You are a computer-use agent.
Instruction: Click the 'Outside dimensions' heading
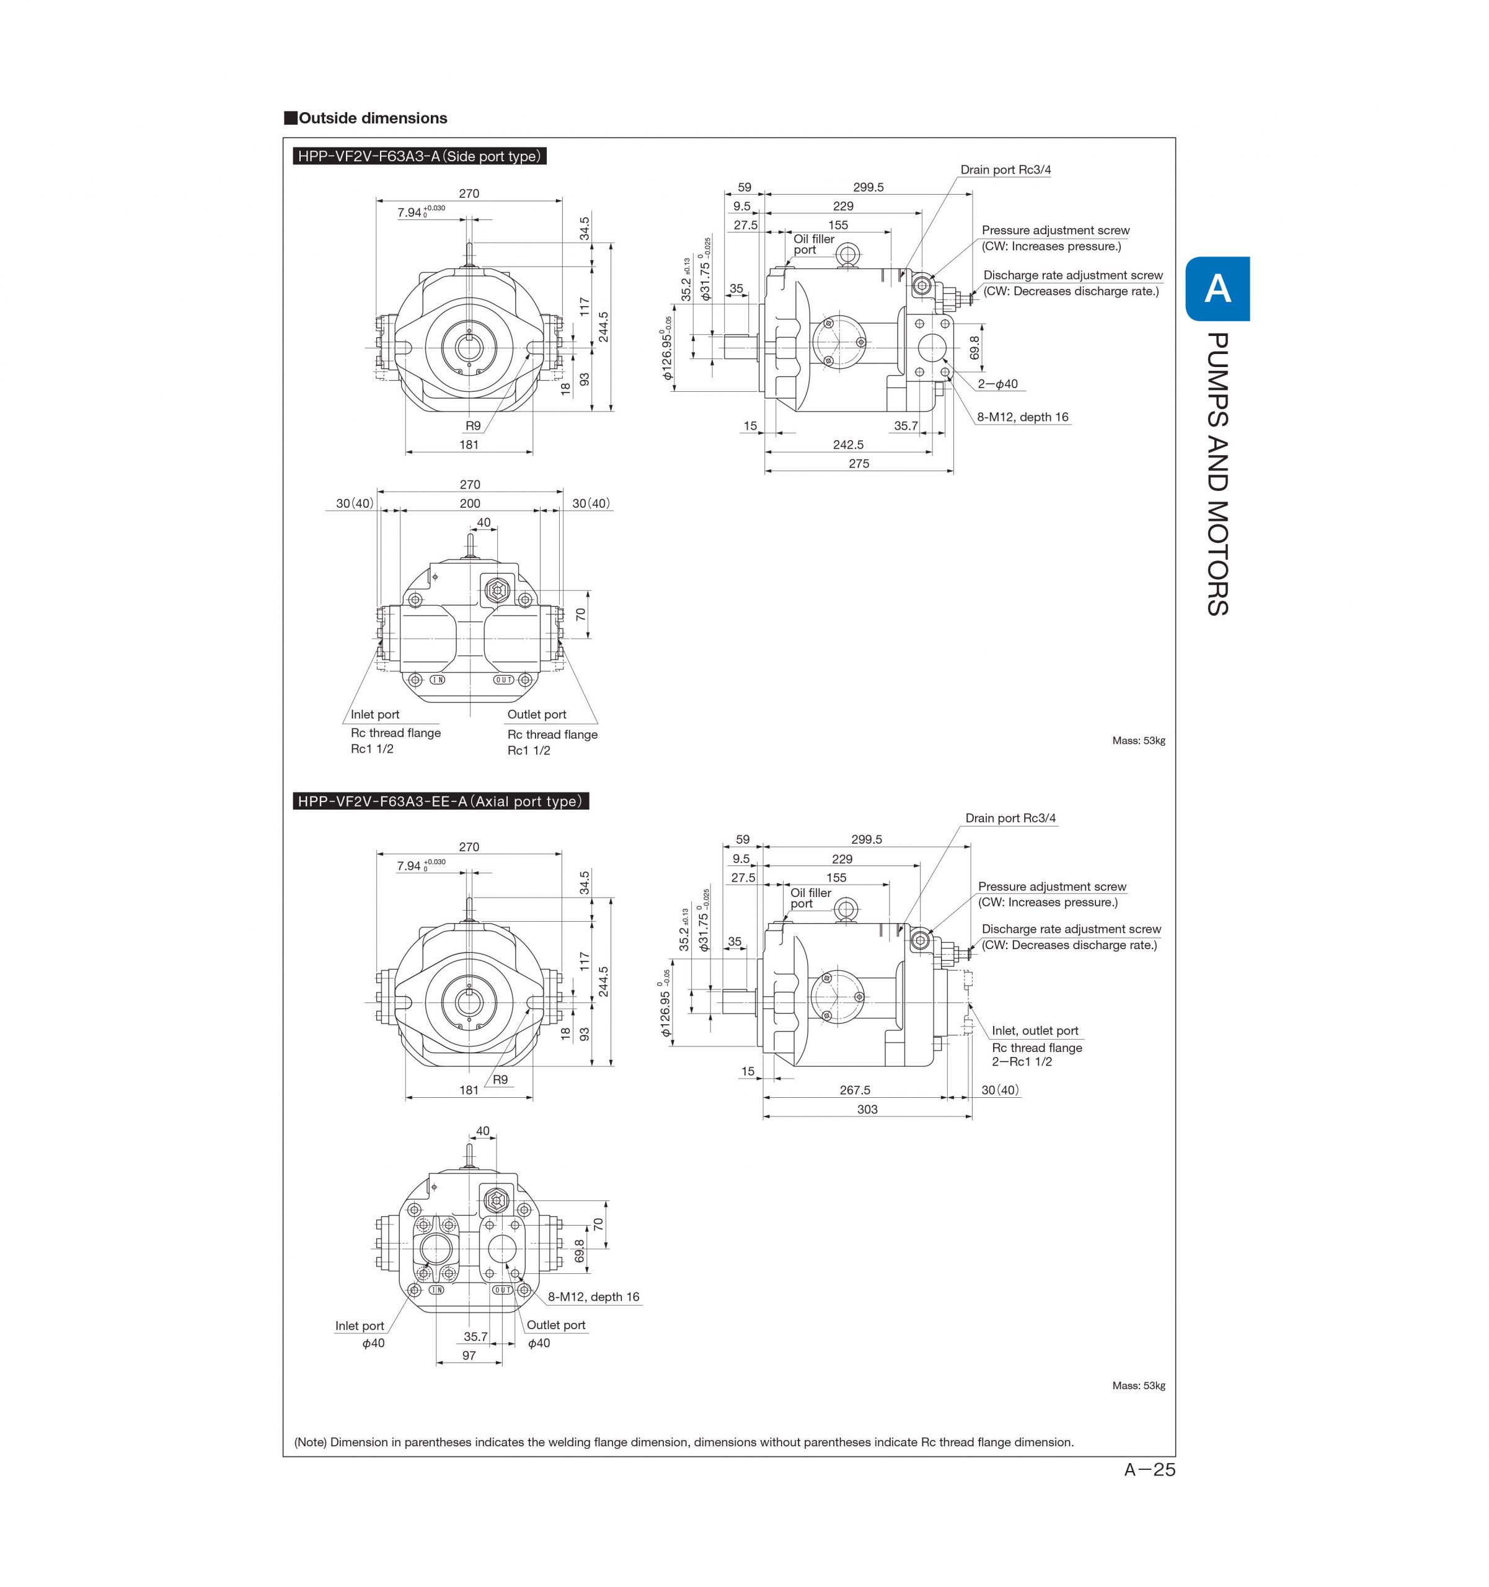[x=372, y=118]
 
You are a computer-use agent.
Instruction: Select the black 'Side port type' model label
[x=419, y=156]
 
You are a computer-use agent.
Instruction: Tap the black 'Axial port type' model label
[x=440, y=802]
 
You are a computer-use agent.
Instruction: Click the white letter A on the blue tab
[x=1217, y=289]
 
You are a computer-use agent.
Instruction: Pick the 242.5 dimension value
[x=848, y=444]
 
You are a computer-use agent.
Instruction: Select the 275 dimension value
[x=859, y=464]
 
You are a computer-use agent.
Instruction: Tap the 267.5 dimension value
[x=855, y=1090]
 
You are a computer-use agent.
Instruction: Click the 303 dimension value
[x=867, y=1110]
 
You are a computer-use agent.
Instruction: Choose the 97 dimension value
[x=469, y=1356]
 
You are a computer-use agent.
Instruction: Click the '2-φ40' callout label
[x=998, y=384]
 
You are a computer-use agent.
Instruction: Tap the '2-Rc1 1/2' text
[x=1022, y=1062]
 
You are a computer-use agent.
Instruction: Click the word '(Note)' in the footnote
[x=311, y=1443]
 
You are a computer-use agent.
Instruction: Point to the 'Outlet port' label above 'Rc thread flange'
[x=536, y=715]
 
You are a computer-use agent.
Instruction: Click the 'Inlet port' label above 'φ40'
[x=360, y=1326]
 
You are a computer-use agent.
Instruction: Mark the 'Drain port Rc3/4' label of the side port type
[x=1005, y=170]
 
